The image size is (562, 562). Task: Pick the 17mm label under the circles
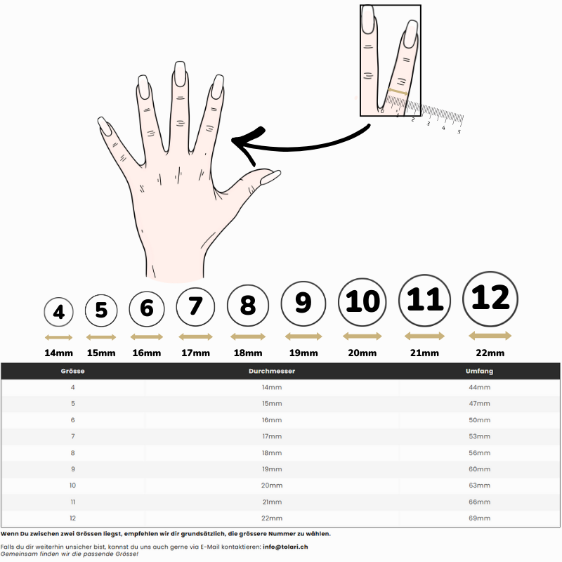click(x=196, y=353)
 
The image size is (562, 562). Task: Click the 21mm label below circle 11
click(x=424, y=353)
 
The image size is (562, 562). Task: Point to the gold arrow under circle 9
click(x=303, y=336)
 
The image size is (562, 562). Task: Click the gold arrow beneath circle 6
click(x=147, y=337)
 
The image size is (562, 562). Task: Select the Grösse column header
click(x=73, y=371)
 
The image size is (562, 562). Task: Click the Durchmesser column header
click(x=272, y=371)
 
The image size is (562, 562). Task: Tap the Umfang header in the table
click(x=479, y=371)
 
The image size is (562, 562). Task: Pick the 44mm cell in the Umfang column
click(x=479, y=387)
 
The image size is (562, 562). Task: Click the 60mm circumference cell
click(x=479, y=469)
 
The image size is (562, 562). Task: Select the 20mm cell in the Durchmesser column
click(x=272, y=485)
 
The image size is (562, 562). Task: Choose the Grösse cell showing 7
click(x=73, y=436)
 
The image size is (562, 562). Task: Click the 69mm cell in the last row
click(x=479, y=518)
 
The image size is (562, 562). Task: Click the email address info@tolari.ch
click(x=285, y=547)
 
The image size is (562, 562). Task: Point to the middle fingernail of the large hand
click(x=181, y=74)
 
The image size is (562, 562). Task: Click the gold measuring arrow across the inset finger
click(x=398, y=92)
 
